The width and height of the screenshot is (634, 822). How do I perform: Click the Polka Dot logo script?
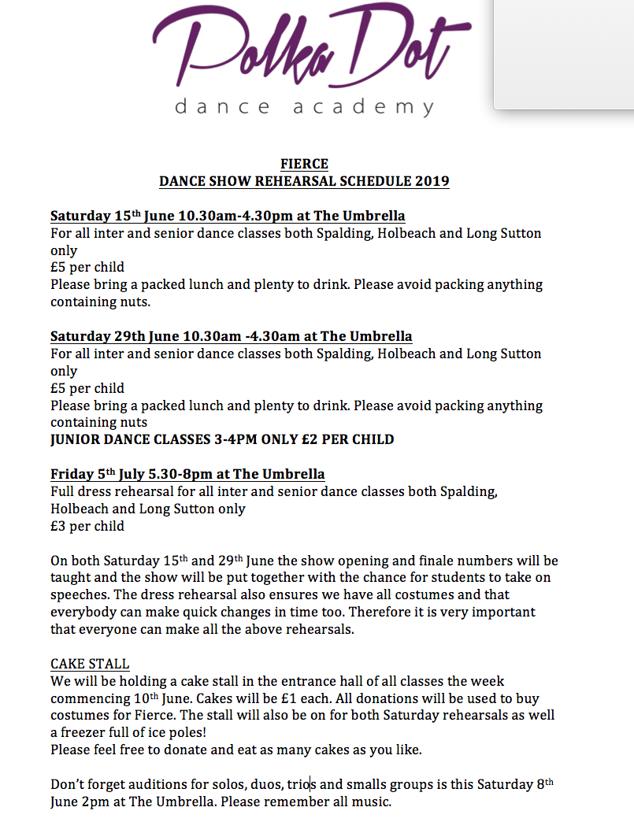311,47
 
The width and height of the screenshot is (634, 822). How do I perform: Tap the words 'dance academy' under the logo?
304,106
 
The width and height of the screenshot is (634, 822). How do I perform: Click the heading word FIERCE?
304,164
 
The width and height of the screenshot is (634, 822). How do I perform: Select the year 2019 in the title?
430,182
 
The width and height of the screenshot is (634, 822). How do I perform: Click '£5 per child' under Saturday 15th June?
87,268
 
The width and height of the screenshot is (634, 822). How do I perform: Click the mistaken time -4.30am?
275,337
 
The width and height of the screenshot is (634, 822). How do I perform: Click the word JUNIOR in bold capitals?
77,439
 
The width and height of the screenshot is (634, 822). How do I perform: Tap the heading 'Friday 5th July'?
98,474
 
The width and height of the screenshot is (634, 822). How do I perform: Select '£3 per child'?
87,526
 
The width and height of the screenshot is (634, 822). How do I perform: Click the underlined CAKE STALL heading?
90,664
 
